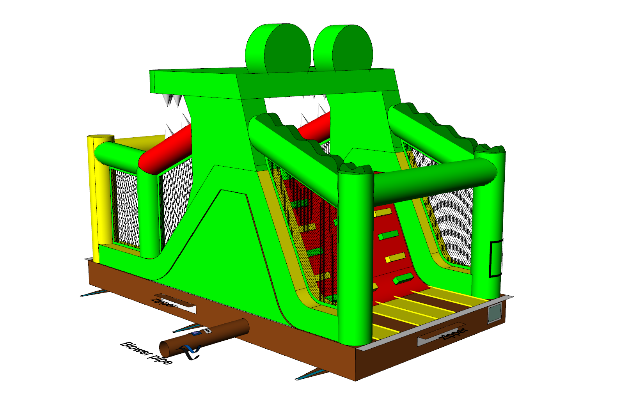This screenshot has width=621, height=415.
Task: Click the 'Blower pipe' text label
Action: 146,353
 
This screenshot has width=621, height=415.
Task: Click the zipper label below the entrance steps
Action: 455,334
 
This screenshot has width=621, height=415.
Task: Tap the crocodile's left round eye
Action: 278,48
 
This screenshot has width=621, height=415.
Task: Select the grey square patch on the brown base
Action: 495,313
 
